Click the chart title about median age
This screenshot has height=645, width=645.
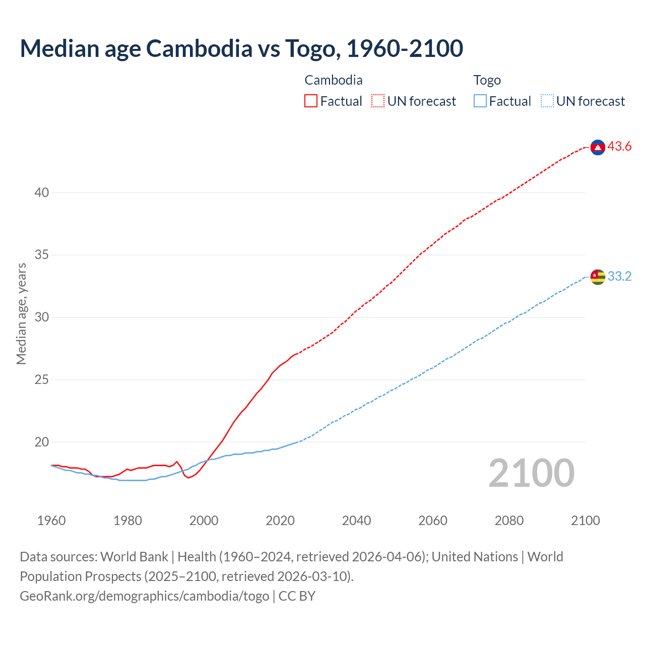pyautogui.click(x=241, y=48)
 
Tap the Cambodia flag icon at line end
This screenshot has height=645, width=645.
pyautogui.click(x=598, y=147)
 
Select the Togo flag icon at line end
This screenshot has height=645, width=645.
pyautogui.click(x=598, y=277)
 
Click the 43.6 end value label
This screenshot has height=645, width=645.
pyautogui.click(x=619, y=147)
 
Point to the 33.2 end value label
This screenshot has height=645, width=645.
pyautogui.click(x=619, y=276)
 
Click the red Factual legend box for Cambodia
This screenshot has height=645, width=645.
pyautogui.click(x=311, y=101)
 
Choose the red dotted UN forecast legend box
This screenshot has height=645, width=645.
pyautogui.click(x=378, y=101)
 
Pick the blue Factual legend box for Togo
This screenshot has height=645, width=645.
pyautogui.click(x=480, y=101)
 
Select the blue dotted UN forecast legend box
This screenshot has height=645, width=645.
pyautogui.click(x=547, y=101)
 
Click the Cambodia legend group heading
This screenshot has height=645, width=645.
pyautogui.click(x=334, y=80)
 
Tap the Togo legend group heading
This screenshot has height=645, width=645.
pyautogui.click(x=487, y=80)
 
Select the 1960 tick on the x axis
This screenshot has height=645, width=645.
pyautogui.click(x=51, y=521)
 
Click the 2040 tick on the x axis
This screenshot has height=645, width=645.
pyautogui.click(x=356, y=521)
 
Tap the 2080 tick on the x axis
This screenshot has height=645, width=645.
pyautogui.click(x=509, y=521)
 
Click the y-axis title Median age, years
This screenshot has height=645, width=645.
pyautogui.click(x=21, y=313)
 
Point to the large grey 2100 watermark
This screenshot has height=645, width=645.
pyautogui.click(x=532, y=473)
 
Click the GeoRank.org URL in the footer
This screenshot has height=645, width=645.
pyautogui.click(x=145, y=596)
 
